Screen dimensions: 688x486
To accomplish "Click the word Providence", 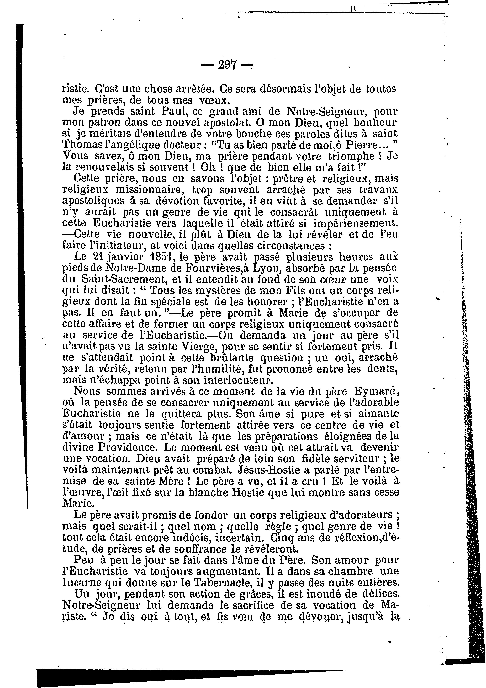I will tap(130, 448).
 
